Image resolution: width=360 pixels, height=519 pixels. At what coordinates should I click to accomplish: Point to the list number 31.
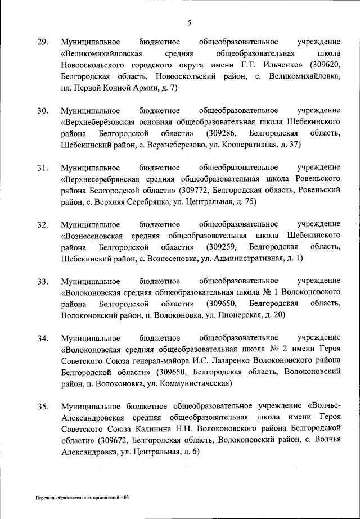[x=43, y=168]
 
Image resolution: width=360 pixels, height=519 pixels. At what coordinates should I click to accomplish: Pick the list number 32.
[x=43, y=225]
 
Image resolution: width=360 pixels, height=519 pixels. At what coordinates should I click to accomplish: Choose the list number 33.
[x=43, y=281]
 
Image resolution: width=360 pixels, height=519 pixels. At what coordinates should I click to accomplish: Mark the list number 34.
[x=43, y=339]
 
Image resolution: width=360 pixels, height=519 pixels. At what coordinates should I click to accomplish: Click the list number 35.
[x=43, y=407]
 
